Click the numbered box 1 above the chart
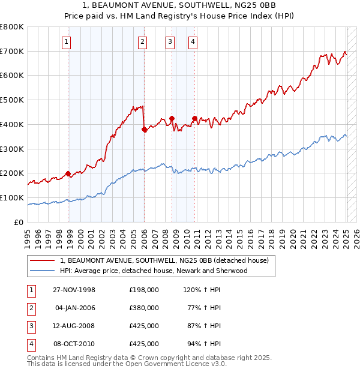(x=65, y=41)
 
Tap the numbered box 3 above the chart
(x=170, y=41)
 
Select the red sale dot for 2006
(x=144, y=129)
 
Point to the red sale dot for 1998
(x=68, y=173)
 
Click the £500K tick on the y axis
(x=13, y=100)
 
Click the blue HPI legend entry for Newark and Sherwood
(x=154, y=271)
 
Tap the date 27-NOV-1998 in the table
(x=74, y=290)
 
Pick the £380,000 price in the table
(x=144, y=308)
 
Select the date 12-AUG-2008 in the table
(x=74, y=326)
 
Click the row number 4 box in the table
(x=30, y=344)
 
